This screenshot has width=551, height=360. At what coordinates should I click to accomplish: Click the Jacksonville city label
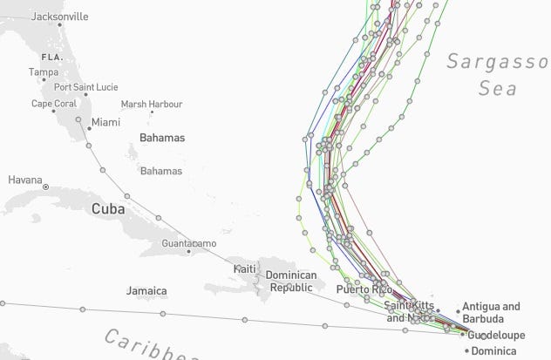click(59, 17)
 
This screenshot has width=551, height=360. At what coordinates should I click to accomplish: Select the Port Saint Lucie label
click(86, 87)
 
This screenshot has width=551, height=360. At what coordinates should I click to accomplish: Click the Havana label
click(24, 180)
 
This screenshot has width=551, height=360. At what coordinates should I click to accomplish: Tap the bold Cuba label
click(108, 209)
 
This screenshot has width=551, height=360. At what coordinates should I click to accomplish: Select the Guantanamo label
click(189, 241)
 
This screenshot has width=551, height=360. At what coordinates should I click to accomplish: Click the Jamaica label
click(146, 290)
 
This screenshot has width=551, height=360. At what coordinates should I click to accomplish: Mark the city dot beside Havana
click(46, 187)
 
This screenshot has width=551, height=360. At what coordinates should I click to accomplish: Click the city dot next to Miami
click(89, 129)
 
